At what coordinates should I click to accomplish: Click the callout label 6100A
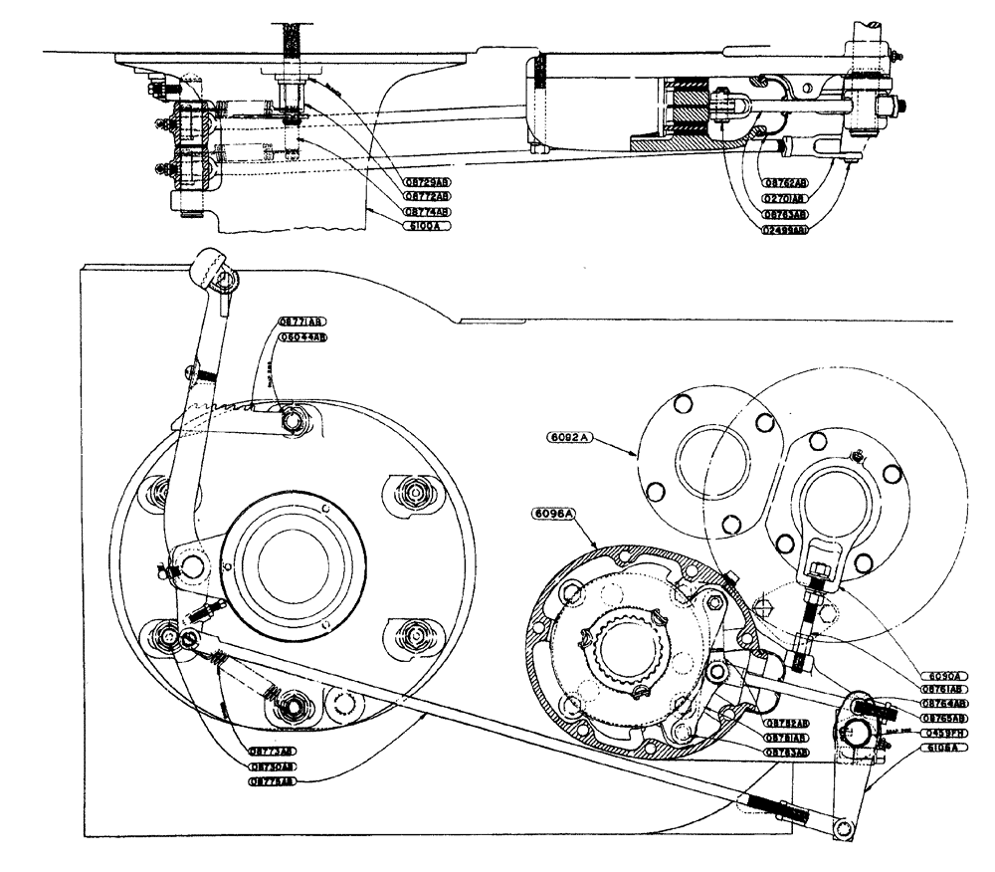click(x=427, y=226)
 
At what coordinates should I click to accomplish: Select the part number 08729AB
click(x=428, y=183)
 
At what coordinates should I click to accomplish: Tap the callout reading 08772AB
click(x=428, y=197)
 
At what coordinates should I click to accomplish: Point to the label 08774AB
click(x=428, y=212)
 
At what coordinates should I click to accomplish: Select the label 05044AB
click(x=302, y=337)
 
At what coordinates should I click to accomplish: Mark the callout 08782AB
click(x=786, y=723)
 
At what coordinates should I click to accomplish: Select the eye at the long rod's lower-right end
click(x=847, y=826)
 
